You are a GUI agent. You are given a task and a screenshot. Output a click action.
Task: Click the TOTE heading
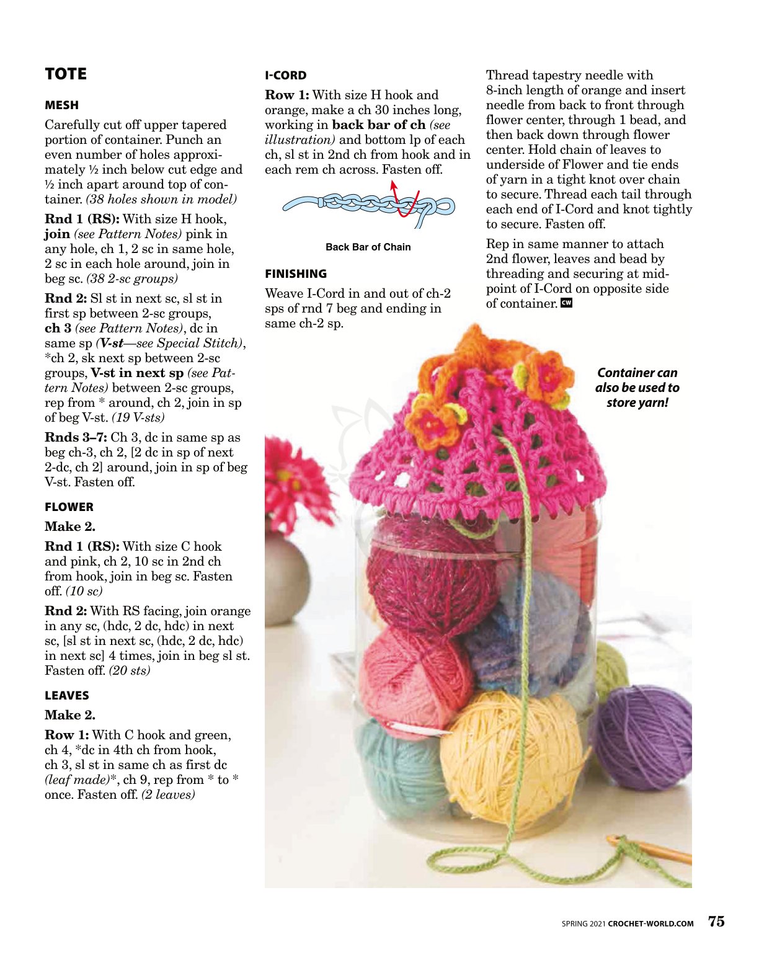pos(66,74)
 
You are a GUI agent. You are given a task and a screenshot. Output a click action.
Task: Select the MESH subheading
pos(61,105)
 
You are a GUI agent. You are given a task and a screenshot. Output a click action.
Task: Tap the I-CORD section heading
pos(285,76)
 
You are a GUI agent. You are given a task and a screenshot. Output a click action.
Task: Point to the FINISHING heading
pos(296,274)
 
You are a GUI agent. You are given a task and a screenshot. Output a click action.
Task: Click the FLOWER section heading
pos(69,507)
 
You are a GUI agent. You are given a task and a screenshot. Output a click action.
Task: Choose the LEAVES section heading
pos(67,696)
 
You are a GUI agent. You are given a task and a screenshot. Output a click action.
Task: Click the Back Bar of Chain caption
pos(368,247)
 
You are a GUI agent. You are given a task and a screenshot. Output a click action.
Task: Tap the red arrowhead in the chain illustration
pos(393,184)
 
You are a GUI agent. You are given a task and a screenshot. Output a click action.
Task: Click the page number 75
pos(716,922)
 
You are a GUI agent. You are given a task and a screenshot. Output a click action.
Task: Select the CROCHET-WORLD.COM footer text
pos(650,923)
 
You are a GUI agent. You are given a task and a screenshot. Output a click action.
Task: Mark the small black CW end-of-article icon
pos(566,303)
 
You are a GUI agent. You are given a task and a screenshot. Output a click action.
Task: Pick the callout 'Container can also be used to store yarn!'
pos(637,388)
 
